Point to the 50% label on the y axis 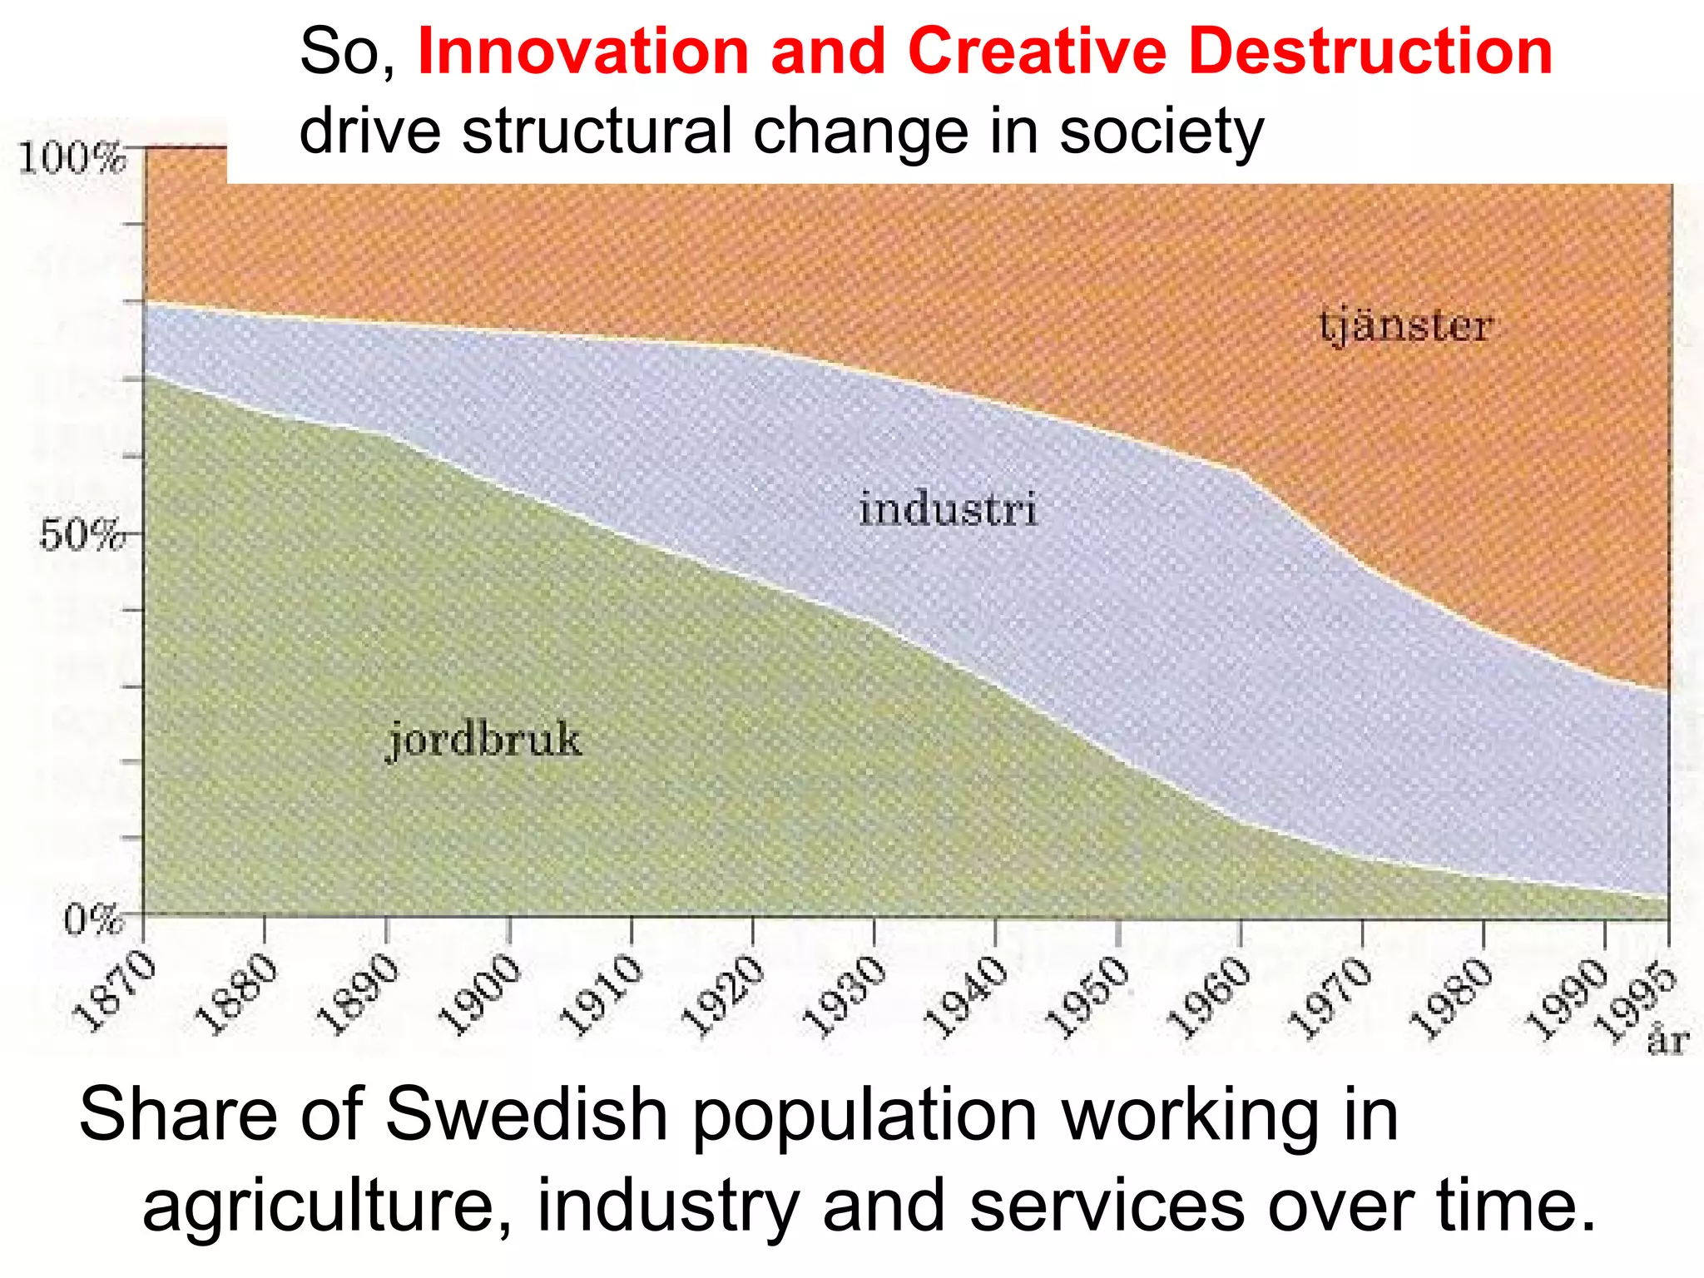tap(82, 534)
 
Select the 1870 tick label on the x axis tap(115, 993)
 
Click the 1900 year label tap(479, 995)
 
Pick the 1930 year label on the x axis tap(845, 997)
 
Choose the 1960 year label tap(1210, 998)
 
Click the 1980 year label tap(1454, 998)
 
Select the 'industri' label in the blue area tap(949, 509)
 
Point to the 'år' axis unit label tap(1667, 1040)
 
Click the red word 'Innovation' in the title tap(583, 52)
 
